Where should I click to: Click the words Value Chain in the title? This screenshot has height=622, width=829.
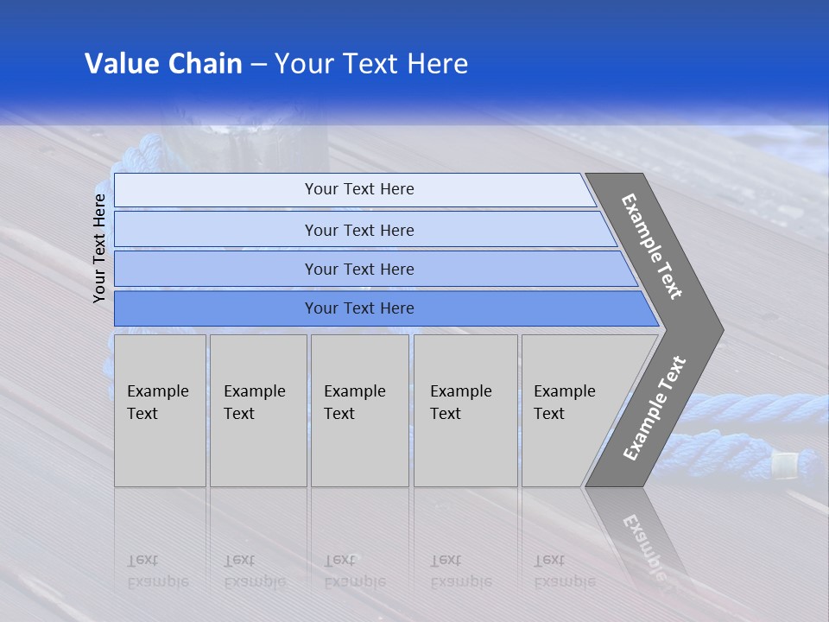pos(163,64)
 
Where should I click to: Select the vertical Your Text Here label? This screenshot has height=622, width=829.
pos(99,249)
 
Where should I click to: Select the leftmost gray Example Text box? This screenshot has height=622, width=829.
pos(160,410)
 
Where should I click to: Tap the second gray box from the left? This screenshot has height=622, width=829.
pos(258,410)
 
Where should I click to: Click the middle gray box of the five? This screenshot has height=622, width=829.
pos(359,410)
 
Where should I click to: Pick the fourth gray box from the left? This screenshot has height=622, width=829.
pos(465,410)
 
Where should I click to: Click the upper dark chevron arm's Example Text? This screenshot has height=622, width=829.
pos(652,246)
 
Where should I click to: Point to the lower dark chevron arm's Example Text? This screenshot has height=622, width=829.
pos(655,408)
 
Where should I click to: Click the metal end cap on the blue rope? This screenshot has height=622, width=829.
pos(783,466)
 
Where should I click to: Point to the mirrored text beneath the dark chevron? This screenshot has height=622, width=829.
pos(643,544)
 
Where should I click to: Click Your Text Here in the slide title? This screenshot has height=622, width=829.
pos(371,64)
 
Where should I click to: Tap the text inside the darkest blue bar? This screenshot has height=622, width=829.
pos(359,308)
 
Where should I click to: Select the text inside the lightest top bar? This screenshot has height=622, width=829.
pos(359,189)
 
